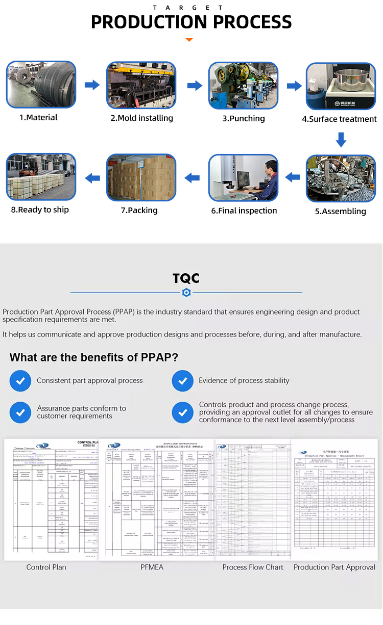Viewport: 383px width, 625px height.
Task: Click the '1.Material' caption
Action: click(38, 118)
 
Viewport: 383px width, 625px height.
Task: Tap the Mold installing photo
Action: click(141, 85)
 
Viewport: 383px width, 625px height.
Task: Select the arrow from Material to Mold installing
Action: click(92, 85)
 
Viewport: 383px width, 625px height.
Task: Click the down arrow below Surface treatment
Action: click(341, 139)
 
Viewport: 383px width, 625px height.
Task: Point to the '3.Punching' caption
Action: click(244, 118)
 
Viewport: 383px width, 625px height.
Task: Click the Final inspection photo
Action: click(243, 178)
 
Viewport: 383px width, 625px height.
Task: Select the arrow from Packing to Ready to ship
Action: click(92, 177)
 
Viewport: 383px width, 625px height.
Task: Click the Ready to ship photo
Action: click(41, 177)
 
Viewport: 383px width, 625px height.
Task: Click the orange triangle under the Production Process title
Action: click(189, 39)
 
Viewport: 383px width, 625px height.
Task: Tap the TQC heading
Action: click(186, 278)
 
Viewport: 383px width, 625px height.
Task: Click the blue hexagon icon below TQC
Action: click(186, 293)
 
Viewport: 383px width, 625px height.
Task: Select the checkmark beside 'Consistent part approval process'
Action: click(20, 381)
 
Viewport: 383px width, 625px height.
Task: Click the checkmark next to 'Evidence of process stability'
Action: click(182, 381)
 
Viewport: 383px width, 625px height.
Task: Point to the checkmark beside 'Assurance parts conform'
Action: click(20, 412)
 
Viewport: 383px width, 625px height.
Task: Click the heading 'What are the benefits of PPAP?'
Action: click(94, 357)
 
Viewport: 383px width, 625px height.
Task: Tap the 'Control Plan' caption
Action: click(46, 567)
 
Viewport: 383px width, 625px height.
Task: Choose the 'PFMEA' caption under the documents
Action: click(152, 567)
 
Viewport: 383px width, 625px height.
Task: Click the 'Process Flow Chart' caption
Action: click(253, 567)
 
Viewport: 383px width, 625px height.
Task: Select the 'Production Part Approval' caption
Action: click(334, 567)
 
